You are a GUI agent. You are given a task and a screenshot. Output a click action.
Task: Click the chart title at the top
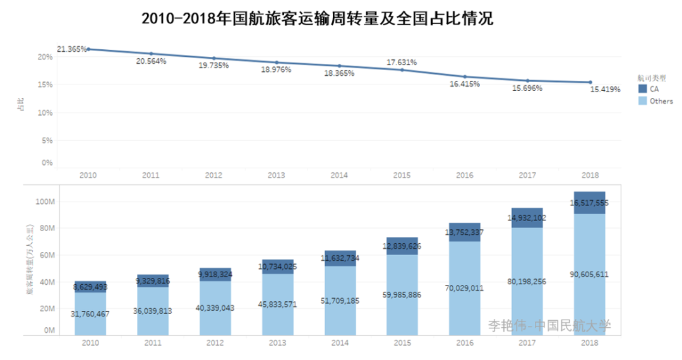317,18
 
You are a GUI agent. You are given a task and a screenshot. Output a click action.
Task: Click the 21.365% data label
71,49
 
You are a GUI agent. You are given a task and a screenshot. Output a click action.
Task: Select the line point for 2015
402,69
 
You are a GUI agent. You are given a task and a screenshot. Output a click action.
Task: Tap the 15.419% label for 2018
605,90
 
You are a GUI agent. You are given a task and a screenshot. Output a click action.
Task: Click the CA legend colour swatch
642,90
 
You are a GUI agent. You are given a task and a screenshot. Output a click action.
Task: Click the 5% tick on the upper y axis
47,141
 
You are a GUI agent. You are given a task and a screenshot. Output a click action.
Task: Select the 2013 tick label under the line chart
277,176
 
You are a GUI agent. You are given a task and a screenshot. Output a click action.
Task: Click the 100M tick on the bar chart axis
45,202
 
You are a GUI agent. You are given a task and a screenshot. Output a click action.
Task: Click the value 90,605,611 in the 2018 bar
590,275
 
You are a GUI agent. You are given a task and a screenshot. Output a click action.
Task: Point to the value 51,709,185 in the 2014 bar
340,301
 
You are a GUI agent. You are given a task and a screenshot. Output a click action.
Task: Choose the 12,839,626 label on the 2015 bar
402,246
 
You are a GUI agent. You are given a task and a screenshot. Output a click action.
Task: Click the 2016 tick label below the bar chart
464,344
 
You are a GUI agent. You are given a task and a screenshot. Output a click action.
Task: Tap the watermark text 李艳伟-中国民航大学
549,325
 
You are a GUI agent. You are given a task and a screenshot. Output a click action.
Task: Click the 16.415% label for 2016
464,83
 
